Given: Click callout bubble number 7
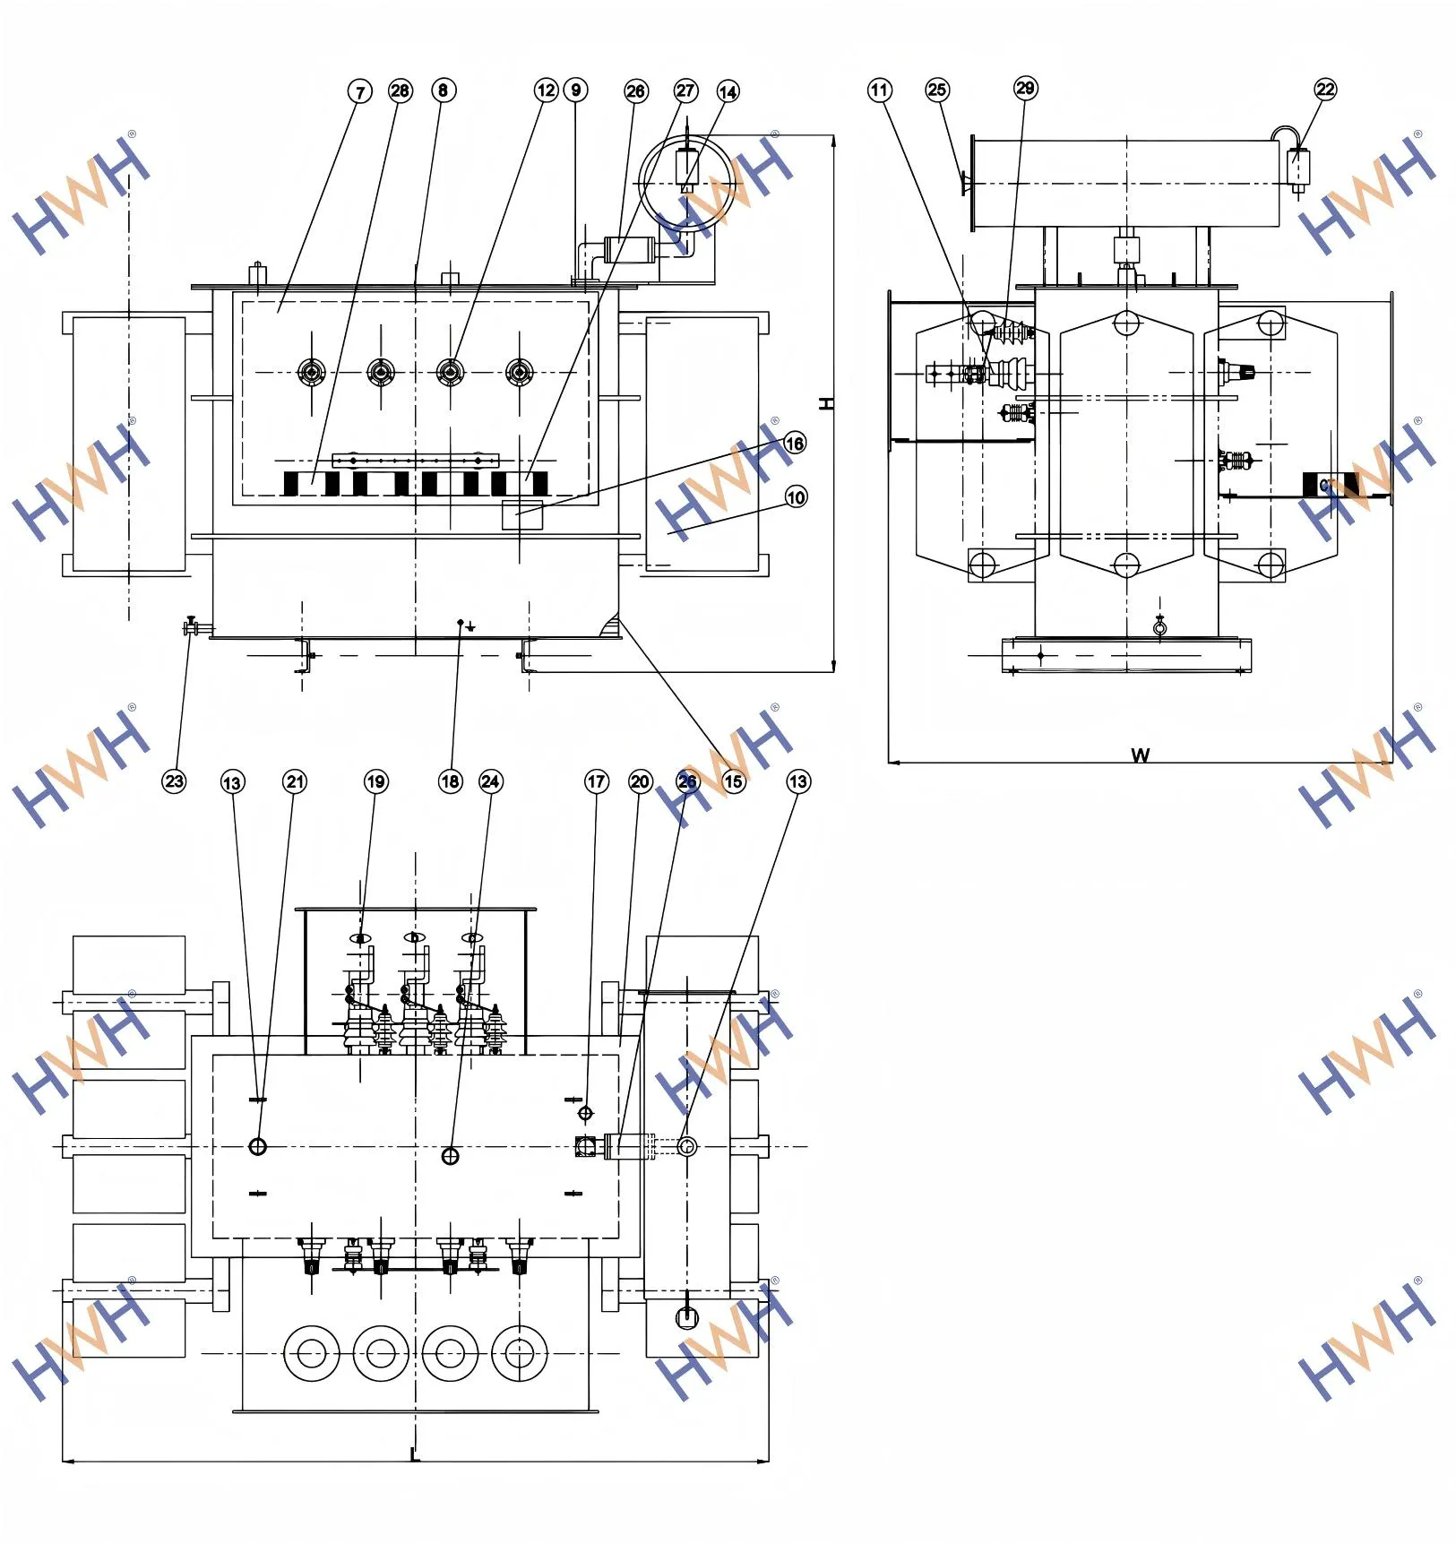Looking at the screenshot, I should click(360, 91).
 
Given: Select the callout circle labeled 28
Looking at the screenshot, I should click(400, 91).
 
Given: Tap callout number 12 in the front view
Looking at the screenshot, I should click(546, 91).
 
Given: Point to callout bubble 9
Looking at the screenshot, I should click(576, 91).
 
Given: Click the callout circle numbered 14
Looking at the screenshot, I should click(728, 91).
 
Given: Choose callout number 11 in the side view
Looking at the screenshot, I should click(880, 90).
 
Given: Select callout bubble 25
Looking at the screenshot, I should click(937, 90).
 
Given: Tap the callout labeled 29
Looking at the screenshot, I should click(1025, 88).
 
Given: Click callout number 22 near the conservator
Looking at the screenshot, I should click(1325, 89).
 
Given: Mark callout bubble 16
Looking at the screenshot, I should click(794, 443).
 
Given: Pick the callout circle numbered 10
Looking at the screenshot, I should click(796, 497).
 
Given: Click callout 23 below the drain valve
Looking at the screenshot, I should click(174, 781).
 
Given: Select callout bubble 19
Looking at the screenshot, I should click(375, 781).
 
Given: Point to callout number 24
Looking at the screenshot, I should click(490, 781).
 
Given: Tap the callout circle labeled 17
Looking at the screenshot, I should click(596, 781).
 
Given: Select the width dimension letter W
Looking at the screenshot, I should click(1140, 755).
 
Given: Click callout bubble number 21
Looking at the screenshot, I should click(295, 781).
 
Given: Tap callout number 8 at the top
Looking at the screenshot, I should click(443, 91).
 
